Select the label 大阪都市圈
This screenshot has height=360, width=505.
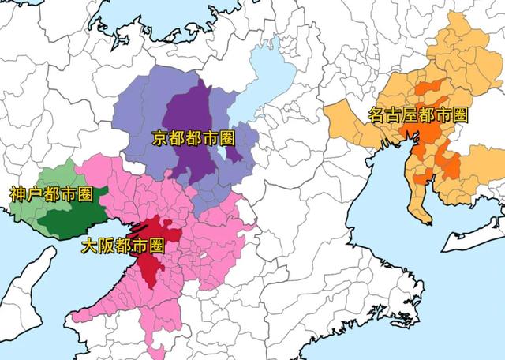(x=122, y=246)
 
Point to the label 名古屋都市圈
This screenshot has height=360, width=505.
(x=418, y=115)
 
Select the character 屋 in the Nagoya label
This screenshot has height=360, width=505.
(x=410, y=115)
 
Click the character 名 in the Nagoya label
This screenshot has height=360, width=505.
(x=377, y=115)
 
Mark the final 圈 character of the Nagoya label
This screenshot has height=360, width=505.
(x=459, y=115)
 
